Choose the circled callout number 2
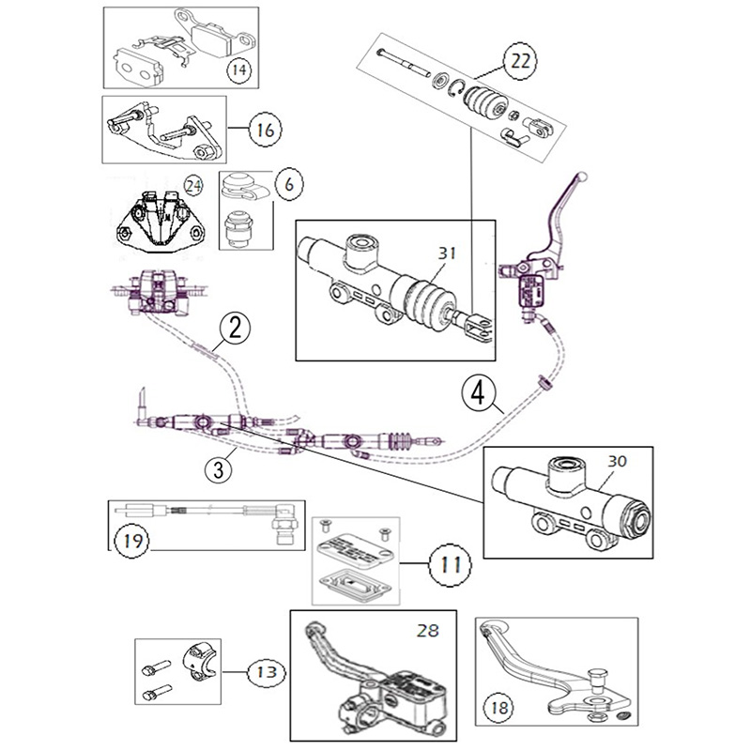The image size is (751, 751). point(236,329)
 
